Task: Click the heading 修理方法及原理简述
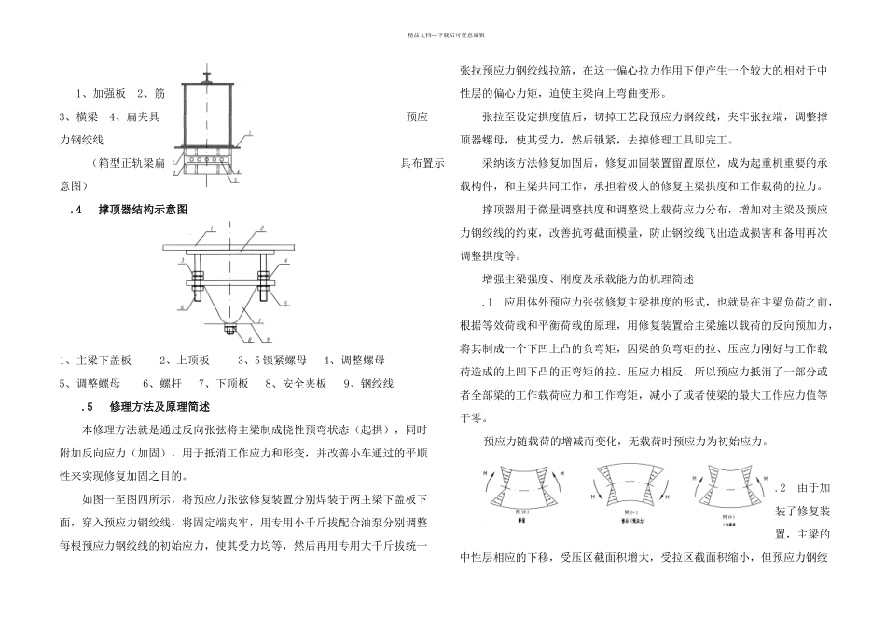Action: [159, 407]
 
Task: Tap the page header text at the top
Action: [443, 34]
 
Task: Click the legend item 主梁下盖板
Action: [104, 360]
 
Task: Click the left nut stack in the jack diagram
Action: [197, 277]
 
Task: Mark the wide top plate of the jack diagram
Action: [227, 249]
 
